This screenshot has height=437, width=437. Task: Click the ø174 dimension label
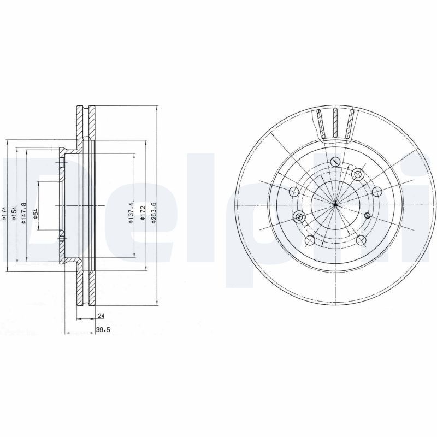pyautogui.click(x=4, y=214)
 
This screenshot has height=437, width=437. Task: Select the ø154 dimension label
pyautogui.click(x=15, y=214)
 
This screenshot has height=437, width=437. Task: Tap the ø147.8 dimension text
pyautogui.click(x=23, y=213)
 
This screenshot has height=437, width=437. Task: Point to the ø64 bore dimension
pyautogui.click(x=36, y=214)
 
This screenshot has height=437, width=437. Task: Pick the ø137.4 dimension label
pyautogui.click(x=132, y=212)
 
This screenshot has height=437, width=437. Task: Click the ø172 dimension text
pyautogui.click(x=143, y=213)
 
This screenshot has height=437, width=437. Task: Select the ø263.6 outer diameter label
pyautogui.click(x=154, y=212)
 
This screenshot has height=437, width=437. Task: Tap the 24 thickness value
pyautogui.click(x=101, y=316)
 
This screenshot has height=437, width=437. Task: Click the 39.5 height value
pyautogui.click(x=103, y=330)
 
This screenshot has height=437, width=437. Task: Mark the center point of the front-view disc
pyautogui.click(x=335, y=205)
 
